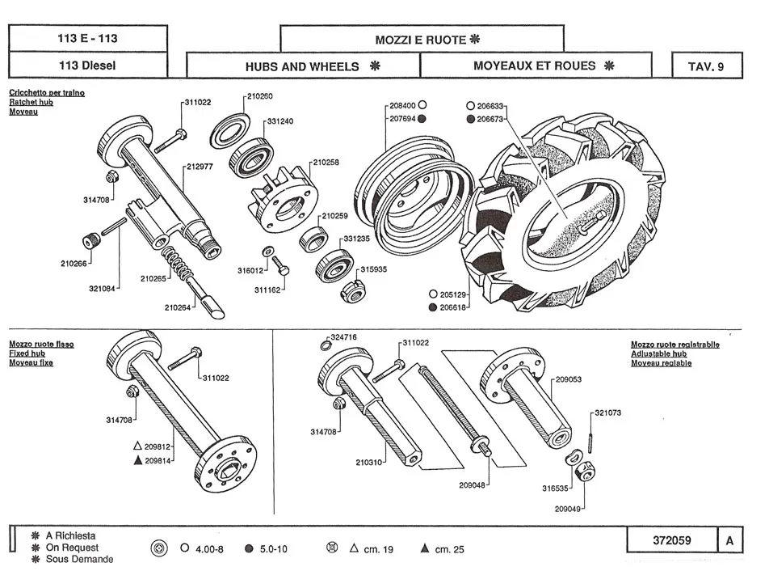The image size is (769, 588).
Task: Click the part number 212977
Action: pos(199,167)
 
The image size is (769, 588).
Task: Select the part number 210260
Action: pos(259,96)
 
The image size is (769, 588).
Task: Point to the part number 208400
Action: pos(402,106)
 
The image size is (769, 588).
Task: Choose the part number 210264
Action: pos(177,307)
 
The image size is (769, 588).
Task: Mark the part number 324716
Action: pos(343,336)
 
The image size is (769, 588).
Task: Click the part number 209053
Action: pos(569,379)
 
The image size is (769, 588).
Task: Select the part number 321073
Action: pos(607,412)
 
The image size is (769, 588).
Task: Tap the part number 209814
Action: pos(158,460)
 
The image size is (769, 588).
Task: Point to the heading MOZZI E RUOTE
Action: pos(421,40)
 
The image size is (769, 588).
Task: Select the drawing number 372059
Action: pos(671,540)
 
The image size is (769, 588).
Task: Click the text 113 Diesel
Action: pos(87,66)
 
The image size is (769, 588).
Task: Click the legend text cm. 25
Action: pos(449,549)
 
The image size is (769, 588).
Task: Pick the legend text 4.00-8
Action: pos(209,549)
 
